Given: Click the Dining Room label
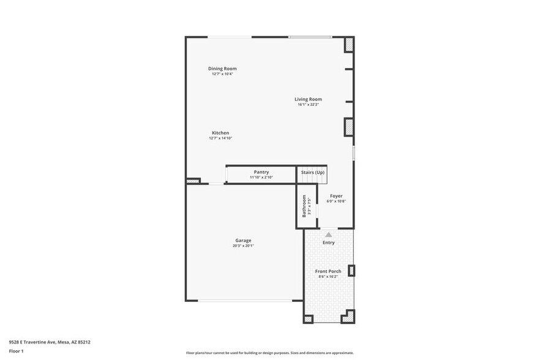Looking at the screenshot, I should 222,69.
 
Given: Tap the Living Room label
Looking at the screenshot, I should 308,99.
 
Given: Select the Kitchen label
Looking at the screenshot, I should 220,133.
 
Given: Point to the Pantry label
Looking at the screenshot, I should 261,172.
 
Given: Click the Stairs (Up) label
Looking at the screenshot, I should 313,173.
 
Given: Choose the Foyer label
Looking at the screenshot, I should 336,196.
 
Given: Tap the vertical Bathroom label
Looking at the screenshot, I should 304,206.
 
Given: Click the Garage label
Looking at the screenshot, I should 243,241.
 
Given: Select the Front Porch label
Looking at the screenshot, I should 328,271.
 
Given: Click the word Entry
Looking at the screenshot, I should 329,243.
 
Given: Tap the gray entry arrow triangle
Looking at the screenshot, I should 329,234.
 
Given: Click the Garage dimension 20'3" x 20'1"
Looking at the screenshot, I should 243,246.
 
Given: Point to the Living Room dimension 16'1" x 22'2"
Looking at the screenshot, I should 308,105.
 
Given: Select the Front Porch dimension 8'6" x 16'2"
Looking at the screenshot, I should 328,277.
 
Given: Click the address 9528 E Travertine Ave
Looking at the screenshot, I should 50,342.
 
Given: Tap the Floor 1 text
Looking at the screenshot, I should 16,351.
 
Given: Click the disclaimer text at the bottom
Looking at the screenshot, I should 269,353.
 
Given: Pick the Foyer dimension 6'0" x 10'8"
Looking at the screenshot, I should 336,201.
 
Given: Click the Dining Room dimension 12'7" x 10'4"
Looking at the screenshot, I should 222,74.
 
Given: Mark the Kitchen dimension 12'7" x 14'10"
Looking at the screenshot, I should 220,138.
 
